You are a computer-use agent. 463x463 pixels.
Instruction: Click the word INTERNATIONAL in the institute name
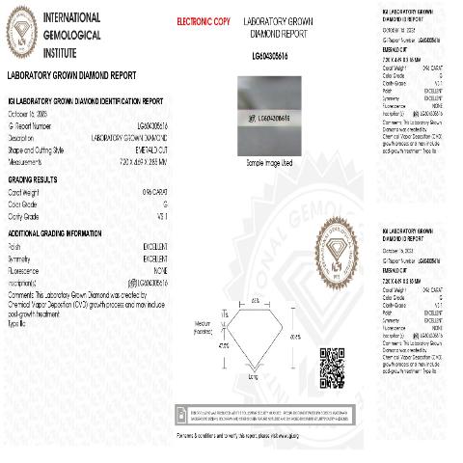tap(72, 17)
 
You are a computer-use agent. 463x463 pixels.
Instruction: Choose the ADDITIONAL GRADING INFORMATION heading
tap(54, 234)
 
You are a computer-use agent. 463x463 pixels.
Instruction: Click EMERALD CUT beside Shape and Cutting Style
tap(150, 149)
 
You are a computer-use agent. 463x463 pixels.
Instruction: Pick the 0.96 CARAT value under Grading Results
tap(153, 193)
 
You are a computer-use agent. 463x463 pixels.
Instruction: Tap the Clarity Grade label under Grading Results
tap(26, 216)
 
